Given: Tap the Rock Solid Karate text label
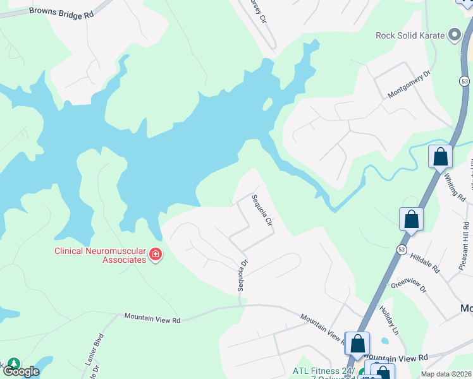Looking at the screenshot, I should (411, 35).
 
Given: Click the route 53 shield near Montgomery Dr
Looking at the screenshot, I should (465, 81).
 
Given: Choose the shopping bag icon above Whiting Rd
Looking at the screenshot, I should (440, 156).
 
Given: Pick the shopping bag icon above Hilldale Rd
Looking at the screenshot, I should (411, 219).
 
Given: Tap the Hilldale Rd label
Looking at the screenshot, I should (424, 263).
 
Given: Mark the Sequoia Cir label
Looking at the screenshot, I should (261, 211).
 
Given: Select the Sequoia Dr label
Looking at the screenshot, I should (241, 275).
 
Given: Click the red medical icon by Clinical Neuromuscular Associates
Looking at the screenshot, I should (155, 255).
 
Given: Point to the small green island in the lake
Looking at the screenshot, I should (268, 104).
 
